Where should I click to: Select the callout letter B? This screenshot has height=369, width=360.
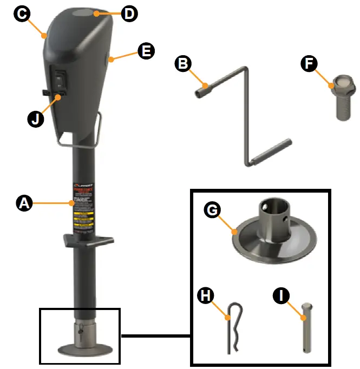184,64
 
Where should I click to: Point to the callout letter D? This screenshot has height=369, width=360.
129,14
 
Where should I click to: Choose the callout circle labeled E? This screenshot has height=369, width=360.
146,52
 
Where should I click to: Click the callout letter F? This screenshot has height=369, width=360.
309,64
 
